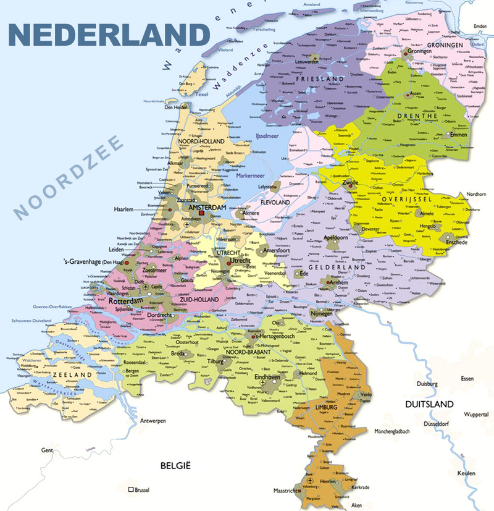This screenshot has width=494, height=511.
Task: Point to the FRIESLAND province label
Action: tap(319, 80)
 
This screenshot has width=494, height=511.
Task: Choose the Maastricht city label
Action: tap(287, 491)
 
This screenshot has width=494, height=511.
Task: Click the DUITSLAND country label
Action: tap(429, 404)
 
